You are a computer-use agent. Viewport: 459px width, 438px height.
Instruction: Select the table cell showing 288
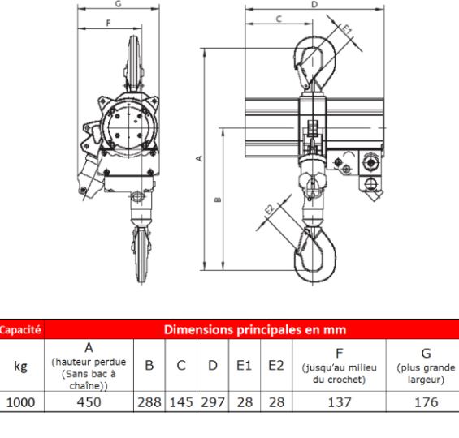point(149,401)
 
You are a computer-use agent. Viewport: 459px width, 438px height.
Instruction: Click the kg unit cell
point(22,367)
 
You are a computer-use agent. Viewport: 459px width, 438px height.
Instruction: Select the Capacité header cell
point(22,331)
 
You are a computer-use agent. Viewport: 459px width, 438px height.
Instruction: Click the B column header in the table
point(149,367)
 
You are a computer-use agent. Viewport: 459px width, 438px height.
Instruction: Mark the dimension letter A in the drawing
point(199,158)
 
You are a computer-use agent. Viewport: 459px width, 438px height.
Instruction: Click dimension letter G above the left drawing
point(119,4)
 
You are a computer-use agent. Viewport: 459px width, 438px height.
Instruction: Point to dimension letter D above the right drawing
point(314,4)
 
